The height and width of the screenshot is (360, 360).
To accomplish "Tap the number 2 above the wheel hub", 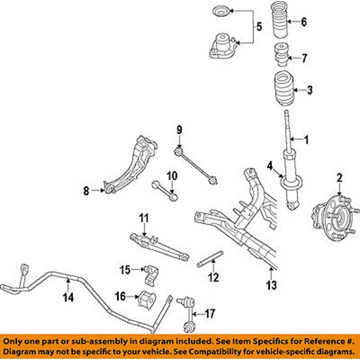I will [339, 178].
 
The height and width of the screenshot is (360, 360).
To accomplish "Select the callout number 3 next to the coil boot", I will [311, 90].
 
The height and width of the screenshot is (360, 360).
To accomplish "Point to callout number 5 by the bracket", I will [258, 26].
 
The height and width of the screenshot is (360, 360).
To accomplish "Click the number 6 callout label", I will [304, 23].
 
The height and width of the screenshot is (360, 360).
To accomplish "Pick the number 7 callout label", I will [304, 58].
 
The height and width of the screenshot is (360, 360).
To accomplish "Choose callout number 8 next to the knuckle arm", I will [86, 190].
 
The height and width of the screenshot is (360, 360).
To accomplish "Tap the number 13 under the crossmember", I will [270, 286].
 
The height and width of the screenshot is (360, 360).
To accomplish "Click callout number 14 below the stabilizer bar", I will [69, 298].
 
